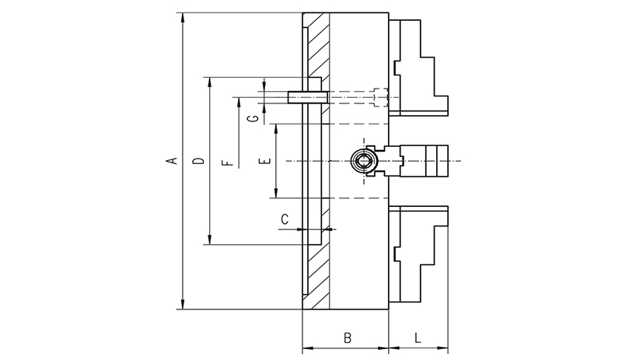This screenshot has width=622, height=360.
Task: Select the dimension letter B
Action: coord(348,338)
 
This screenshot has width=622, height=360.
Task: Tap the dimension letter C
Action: coord(285,220)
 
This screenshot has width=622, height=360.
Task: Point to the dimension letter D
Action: coord(198,161)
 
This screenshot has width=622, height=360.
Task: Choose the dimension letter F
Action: coord(226,163)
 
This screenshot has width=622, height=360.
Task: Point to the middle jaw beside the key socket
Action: coord(424,161)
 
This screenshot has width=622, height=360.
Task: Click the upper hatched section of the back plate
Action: coord(319,47)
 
